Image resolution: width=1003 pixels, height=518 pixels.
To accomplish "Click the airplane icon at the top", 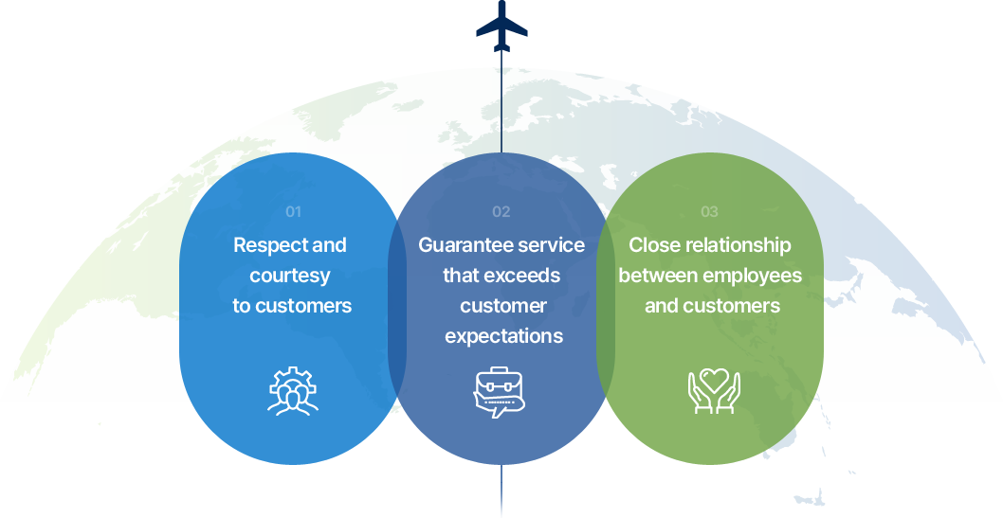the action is [501, 27].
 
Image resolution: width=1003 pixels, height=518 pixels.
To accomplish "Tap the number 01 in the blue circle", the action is [293, 212].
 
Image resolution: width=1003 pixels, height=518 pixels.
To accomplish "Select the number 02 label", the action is [501, 212].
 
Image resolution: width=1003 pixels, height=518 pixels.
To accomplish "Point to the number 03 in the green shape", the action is [709, 212].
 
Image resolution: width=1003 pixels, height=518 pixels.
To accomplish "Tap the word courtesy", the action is [290, 276].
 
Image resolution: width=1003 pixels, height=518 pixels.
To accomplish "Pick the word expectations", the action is [504, 336].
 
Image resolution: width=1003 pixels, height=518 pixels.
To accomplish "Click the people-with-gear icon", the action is [293, 391].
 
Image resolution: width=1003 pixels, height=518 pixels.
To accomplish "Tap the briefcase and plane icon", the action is [500, 392].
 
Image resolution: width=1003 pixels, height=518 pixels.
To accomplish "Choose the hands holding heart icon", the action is [714, 390].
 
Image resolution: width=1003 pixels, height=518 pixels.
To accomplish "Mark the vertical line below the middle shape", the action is [501, 491].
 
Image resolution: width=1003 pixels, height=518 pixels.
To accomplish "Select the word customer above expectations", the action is [503, 306].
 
